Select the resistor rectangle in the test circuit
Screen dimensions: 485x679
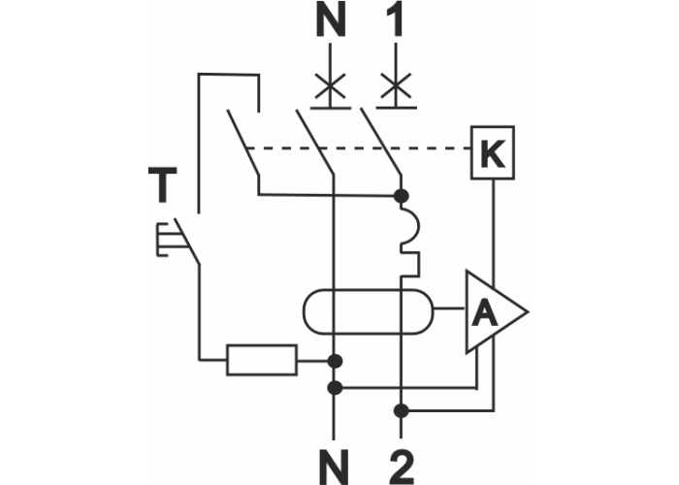[x=262, y=360]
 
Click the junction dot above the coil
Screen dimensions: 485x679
[x=401, y=196]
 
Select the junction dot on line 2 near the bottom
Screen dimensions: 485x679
[x=402, y=411]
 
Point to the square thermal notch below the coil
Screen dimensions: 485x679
[x=411, y=261]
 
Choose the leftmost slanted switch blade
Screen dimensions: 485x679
[x=243, y=145]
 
